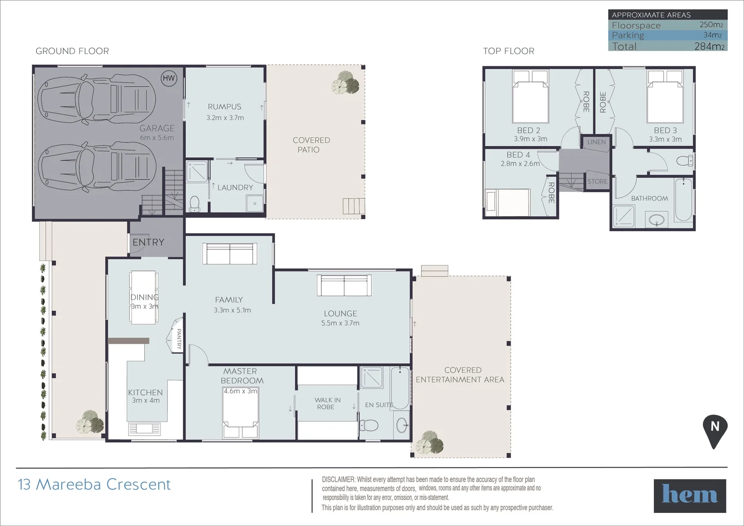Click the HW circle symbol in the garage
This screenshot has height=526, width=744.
tap(169, 78)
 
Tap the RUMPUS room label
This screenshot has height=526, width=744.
tap(224, 107)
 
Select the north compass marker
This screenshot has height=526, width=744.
tap(714, 431)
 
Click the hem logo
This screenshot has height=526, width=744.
tap(689, 496)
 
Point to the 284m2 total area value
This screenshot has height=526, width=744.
tap(709, 47)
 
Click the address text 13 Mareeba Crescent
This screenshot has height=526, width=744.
tap(95, 485)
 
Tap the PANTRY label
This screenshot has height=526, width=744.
tap(179, 338)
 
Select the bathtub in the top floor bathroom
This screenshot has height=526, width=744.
tap(683, 200)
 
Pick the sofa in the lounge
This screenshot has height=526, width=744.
tap(344, 285)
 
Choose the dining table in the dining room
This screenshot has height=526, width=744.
tap(144, 297)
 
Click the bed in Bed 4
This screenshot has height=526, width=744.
tap(508, 203)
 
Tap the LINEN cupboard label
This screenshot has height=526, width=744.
tap(596, 142)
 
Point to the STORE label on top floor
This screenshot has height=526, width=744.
tap(597, 182)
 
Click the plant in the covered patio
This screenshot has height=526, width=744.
tap(345, 82)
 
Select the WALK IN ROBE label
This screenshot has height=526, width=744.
tap(327, 403)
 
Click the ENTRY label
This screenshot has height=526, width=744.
tap(148, 242)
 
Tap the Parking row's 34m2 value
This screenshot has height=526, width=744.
tap(712, 35)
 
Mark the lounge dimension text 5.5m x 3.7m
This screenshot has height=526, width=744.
tap(340, 323)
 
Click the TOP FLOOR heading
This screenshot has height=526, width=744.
tap(508, 51)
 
